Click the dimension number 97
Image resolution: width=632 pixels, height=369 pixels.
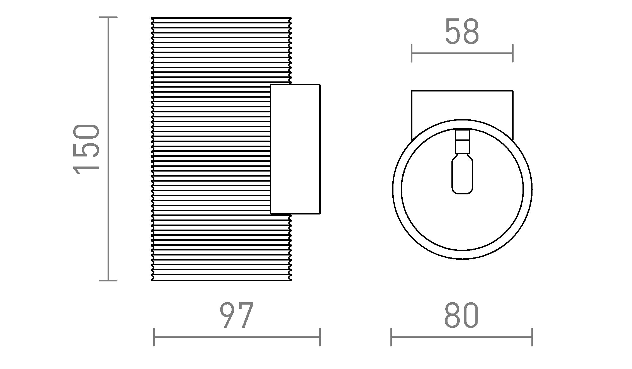237,315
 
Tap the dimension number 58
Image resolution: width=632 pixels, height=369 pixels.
462,32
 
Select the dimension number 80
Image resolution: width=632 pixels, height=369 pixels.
461,315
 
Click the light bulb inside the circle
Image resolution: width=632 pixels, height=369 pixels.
462,176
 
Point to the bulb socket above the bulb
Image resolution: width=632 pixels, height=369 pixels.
462,141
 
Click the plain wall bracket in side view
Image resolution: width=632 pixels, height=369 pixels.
295,149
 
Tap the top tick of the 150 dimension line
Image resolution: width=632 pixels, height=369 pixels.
108,17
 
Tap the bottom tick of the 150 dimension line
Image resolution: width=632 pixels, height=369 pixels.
108,281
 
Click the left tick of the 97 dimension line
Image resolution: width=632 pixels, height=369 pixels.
154,337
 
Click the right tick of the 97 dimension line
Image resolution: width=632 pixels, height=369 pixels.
320,337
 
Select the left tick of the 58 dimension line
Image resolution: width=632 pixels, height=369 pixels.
412,53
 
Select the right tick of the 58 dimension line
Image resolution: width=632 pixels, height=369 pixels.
513,53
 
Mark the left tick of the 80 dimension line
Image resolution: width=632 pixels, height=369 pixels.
391,337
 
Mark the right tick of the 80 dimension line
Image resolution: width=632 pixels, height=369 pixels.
532,337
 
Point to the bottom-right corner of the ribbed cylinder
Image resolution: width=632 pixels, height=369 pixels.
291,280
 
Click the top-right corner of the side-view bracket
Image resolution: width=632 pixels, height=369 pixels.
320,85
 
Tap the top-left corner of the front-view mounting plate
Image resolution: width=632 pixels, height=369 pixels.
412,91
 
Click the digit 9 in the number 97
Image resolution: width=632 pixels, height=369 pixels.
228,315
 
